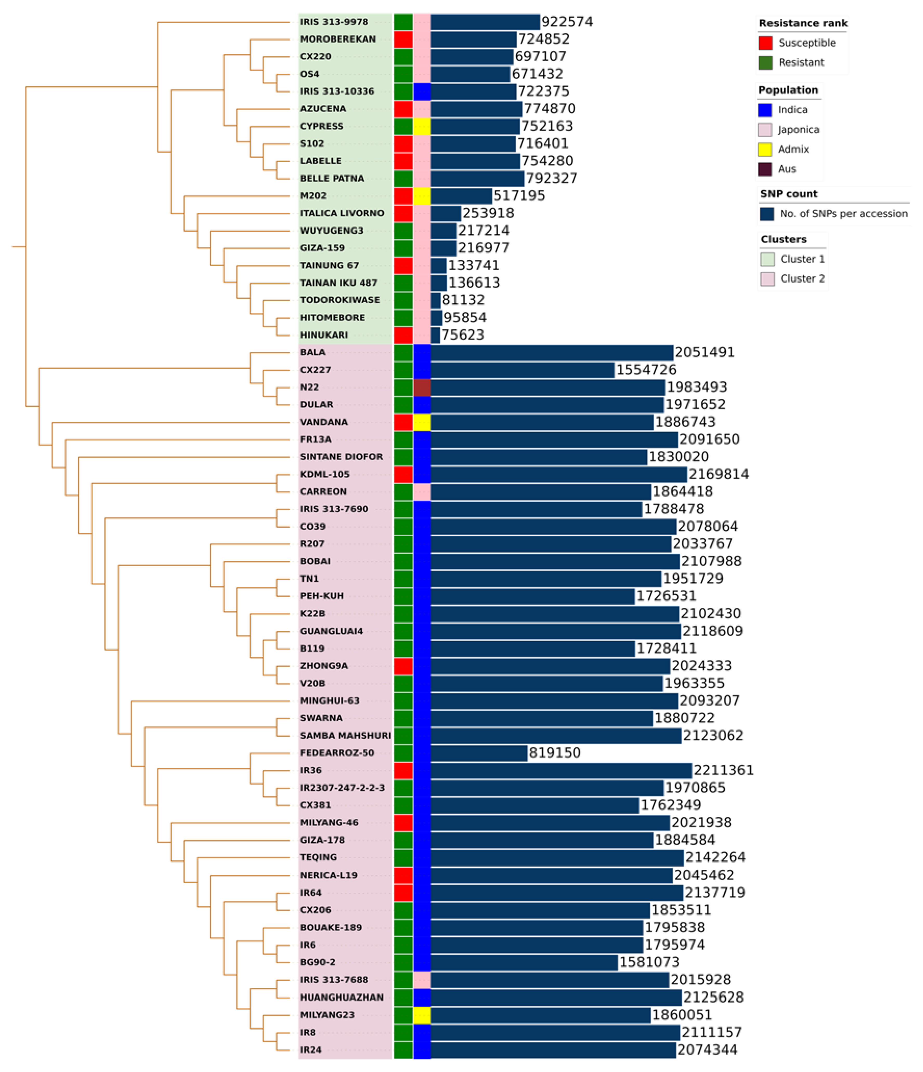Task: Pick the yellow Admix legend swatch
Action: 765,149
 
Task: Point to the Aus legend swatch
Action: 765,169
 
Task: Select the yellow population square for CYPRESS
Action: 422,126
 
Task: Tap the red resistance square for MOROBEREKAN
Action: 403,39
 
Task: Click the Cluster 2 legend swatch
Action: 767,279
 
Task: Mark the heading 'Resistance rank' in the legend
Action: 803,23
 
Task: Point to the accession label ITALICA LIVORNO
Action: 342,213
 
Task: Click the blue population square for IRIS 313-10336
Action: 422,91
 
